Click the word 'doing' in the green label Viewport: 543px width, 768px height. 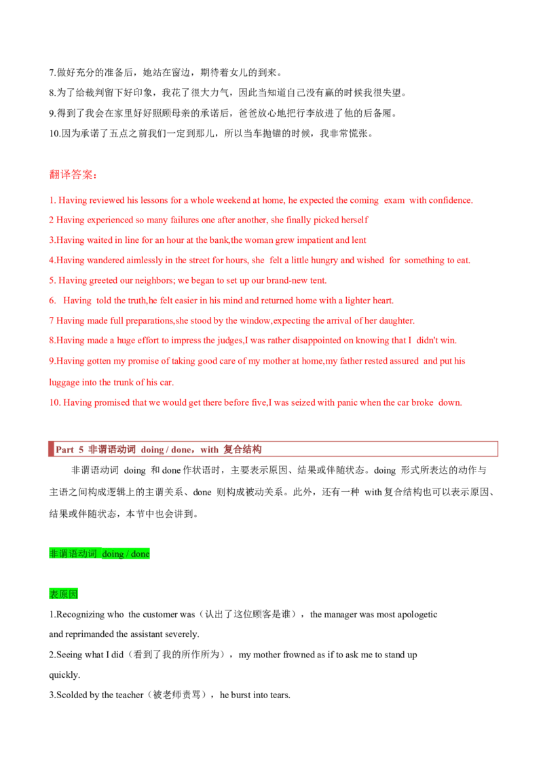pyautogui.click(x=113, y=554)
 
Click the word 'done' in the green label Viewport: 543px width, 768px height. pyautogui.click(x=141, y=554)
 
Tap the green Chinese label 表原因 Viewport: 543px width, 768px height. pyautogui.click(x=64, y=594)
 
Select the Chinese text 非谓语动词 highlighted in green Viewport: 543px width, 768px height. pyautogui.click(x=73, y=554)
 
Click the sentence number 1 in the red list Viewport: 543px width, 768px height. pyautogui.click(x=52, y=201)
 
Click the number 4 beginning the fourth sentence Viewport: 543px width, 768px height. pyautogui.click(x=52, y=261)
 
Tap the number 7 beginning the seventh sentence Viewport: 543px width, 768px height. pyautogui.click(x=52, y=320)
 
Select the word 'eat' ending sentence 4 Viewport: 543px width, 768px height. pyautogui.click(x=464, y=261)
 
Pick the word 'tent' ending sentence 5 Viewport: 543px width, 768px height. pyautogui.click(x=321, y=281)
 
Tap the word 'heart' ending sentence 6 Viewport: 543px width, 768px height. pyautogui.click(x=383, y=301)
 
